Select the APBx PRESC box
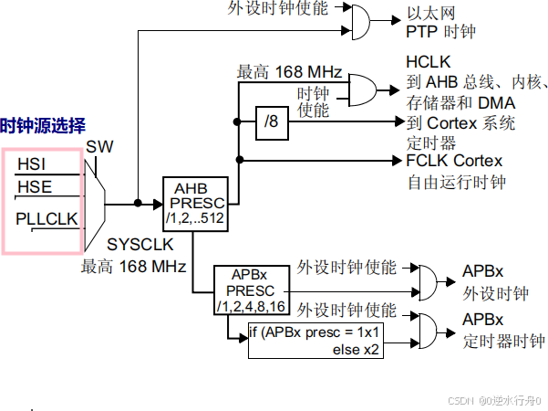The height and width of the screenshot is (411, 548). (251, 290)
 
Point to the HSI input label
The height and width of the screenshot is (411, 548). (32, 164)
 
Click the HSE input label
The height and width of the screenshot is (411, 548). (34, 187)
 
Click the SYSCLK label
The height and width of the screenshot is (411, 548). (138, 245)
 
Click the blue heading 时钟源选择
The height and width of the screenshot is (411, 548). (43, 125)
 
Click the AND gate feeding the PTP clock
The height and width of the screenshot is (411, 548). (360, 18)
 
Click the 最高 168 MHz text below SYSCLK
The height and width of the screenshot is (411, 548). (133, 268)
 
